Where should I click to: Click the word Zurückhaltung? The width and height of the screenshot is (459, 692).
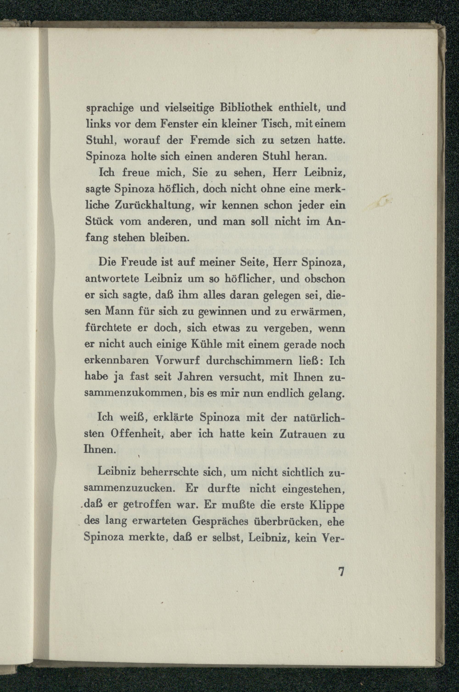click(x=152, y=206)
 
